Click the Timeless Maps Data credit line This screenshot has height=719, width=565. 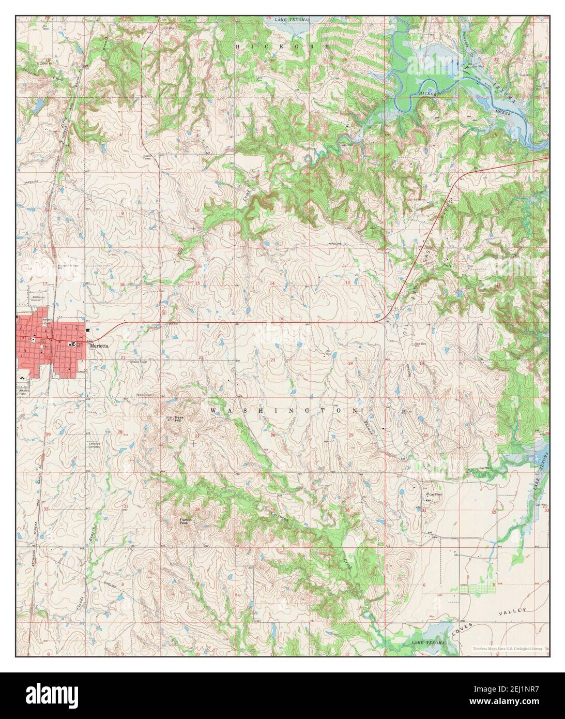coord(507,648)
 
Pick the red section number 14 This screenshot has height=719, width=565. coord(272,283)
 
